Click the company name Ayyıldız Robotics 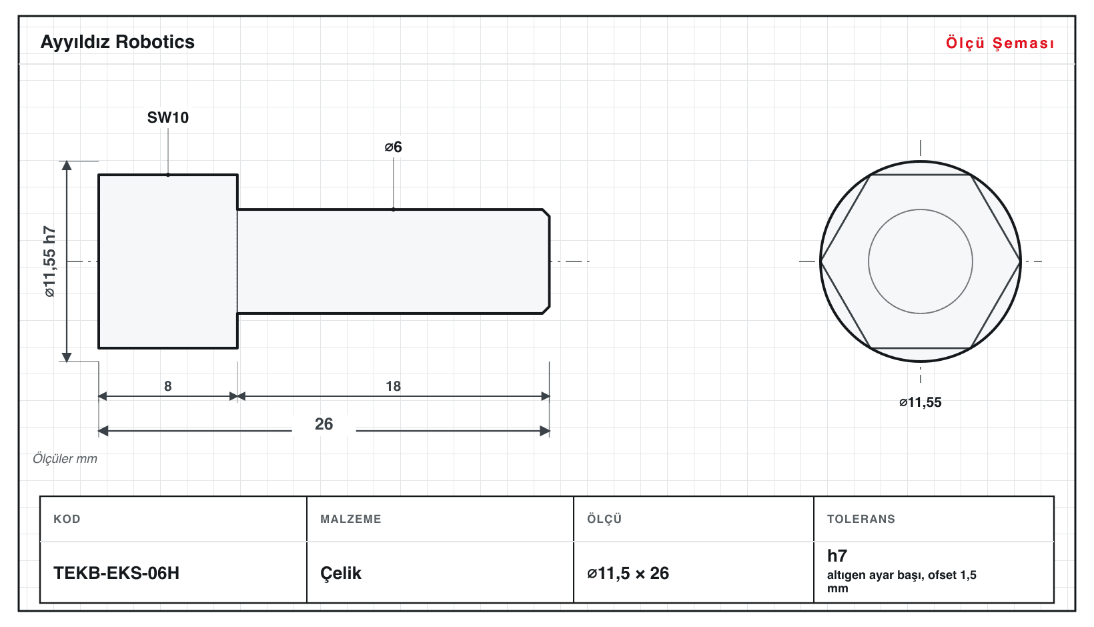point(117,43)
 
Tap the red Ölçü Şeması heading point(1000,43)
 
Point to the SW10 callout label point(168,117)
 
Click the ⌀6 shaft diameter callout point(393,147)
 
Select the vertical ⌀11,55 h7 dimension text point(50,261)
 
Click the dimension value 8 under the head point(168,386)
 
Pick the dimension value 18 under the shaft point(393,386)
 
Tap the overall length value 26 point(324,424)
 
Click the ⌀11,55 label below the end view point(920,402)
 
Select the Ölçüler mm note point(65,459)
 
